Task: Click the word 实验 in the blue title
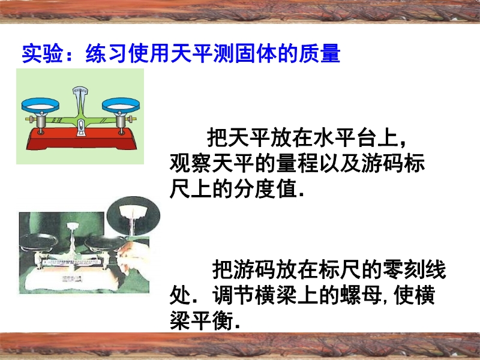(43, 53)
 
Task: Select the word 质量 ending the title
(320, 53)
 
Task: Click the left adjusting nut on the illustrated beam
(29, 119)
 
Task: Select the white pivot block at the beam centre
(81, 127)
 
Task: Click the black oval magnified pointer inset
(133, 215)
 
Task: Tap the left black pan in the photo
(38, 241)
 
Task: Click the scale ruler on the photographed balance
(73, 262)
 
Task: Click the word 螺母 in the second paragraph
(361, 295)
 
